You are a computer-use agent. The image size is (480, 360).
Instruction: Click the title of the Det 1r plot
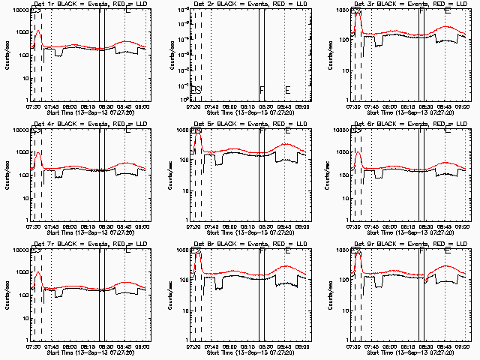point(89,4)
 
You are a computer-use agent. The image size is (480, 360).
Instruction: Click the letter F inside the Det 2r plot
point(262,90)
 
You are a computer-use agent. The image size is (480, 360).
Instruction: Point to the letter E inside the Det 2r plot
point(287,90)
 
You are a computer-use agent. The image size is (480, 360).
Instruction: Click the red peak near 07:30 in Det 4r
point(37,153)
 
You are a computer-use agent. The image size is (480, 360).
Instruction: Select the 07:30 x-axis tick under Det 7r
point(33,346)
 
